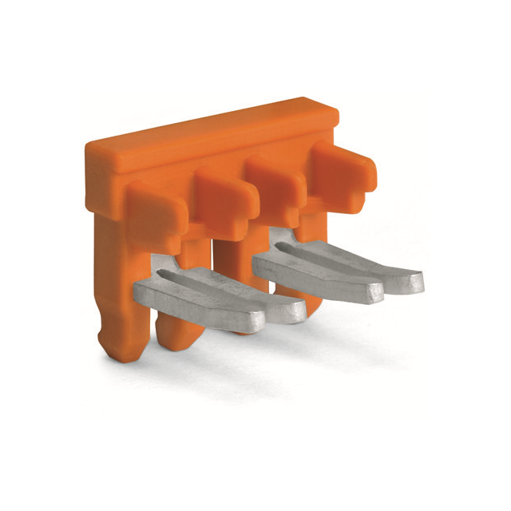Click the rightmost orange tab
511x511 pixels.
(341, 167)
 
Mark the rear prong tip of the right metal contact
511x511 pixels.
(406, 281)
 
